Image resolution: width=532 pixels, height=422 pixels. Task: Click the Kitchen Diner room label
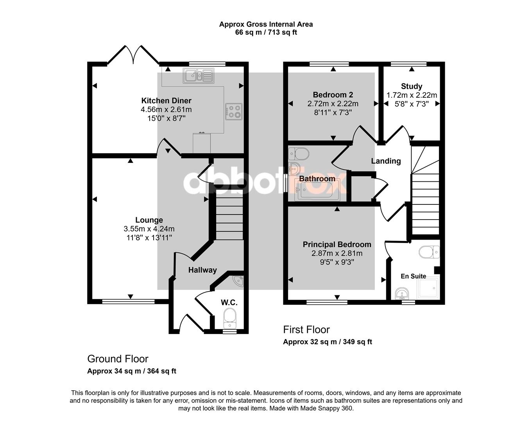point(166,101)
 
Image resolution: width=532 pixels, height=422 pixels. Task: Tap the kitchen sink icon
point(199,76)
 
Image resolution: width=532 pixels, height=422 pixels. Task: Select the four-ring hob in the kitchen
point(234,111)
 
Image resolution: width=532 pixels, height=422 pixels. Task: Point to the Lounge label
point(149,220)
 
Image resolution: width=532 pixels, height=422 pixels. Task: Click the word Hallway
point(202,270)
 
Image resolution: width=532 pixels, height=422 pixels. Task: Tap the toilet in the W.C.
point(230,319)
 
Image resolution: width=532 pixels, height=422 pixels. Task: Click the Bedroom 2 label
point(333,95)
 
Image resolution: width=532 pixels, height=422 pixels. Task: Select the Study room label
point(412,86)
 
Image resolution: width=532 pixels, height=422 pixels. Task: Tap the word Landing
point(386,161)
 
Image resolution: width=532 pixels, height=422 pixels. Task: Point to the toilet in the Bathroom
point(299,154)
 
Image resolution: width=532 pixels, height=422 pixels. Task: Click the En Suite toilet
point(429,252)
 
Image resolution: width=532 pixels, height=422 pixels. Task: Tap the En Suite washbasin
point(402,293)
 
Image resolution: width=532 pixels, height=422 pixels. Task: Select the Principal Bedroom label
point(337,245)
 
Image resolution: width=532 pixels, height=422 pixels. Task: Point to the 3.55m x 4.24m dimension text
point(149,229)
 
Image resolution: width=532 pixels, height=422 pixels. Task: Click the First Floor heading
point(306,329)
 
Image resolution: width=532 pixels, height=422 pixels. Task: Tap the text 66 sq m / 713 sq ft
point(266,32)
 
